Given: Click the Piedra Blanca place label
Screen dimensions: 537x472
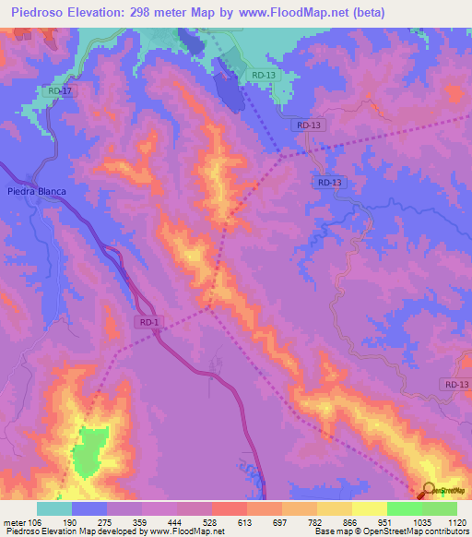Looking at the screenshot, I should [37, 191].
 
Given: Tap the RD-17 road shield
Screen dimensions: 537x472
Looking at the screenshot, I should [60, 91].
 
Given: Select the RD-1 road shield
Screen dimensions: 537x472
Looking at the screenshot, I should [151, 322].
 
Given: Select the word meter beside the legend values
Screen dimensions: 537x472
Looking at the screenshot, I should [17, 521].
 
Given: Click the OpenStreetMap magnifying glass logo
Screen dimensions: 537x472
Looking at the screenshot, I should [430, 490].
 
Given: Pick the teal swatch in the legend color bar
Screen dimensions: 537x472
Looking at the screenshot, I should [54, 508].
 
